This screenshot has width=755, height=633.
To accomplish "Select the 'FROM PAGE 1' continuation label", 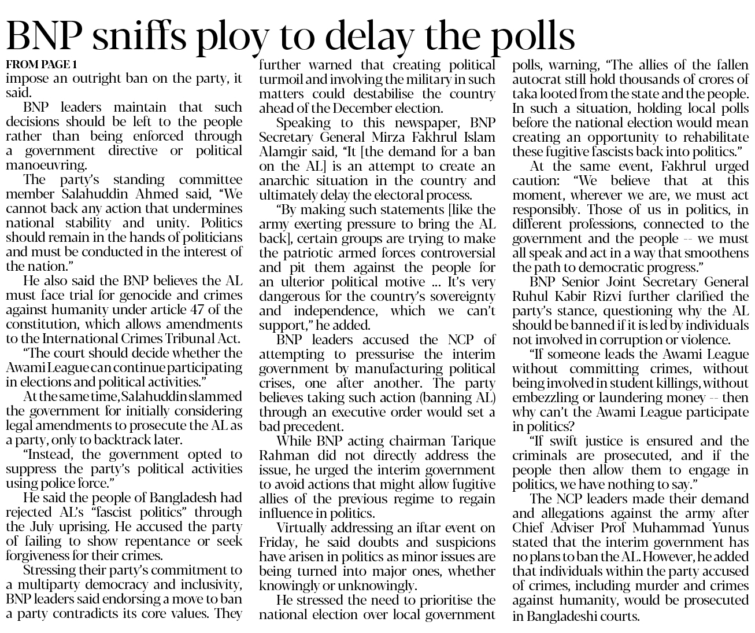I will [x=41, y=64].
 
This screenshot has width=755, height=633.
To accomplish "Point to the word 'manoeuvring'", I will [x=46, y=165].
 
